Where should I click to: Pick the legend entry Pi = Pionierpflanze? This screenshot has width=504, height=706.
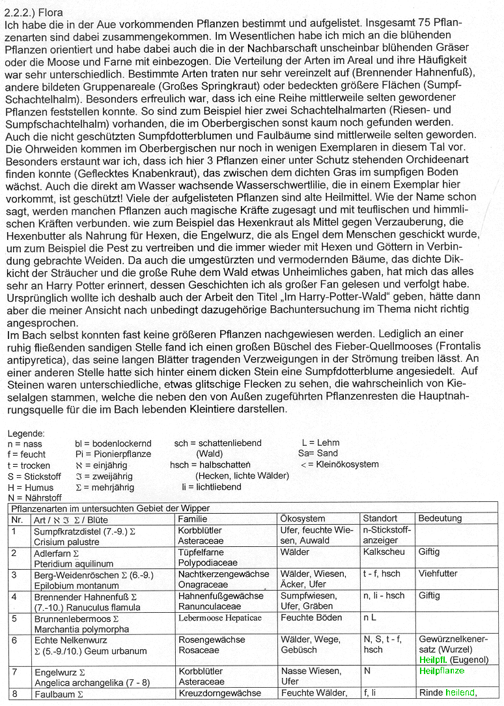(x=113, y=454)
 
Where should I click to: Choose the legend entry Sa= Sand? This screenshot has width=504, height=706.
(x=318, y=454)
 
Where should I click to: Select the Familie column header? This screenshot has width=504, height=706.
(x=193, y=519)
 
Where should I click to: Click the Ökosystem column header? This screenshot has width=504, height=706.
(x=303, y=519)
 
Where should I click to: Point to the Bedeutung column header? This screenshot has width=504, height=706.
(x=440, y=519)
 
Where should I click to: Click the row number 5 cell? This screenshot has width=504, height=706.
(x=15, y=617)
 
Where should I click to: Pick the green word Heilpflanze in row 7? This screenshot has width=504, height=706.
(x=441, y=671)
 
